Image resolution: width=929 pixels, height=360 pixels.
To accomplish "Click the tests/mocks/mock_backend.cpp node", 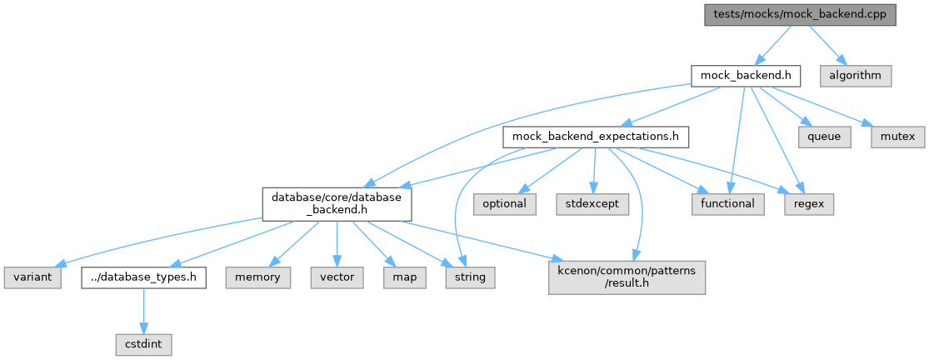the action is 800,15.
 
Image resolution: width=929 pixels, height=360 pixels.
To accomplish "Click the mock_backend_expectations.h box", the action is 596,137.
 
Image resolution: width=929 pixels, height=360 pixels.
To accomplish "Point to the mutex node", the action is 897,137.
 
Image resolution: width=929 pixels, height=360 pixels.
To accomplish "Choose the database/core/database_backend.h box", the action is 337,204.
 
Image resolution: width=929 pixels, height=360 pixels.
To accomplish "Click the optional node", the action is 505,204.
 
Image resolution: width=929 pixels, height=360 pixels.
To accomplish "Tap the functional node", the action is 727,204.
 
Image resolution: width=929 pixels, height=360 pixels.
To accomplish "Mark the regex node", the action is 809,204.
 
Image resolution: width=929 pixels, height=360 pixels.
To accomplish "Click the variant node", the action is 32,277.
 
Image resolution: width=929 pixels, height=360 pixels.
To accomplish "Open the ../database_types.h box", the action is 143,277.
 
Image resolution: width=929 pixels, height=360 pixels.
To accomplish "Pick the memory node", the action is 258,277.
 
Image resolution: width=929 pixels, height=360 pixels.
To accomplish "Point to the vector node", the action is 337,277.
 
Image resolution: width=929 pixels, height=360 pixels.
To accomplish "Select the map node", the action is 404,277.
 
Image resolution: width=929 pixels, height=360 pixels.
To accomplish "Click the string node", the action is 471,277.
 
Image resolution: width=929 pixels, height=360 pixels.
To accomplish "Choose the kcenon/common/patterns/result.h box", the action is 627,277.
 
